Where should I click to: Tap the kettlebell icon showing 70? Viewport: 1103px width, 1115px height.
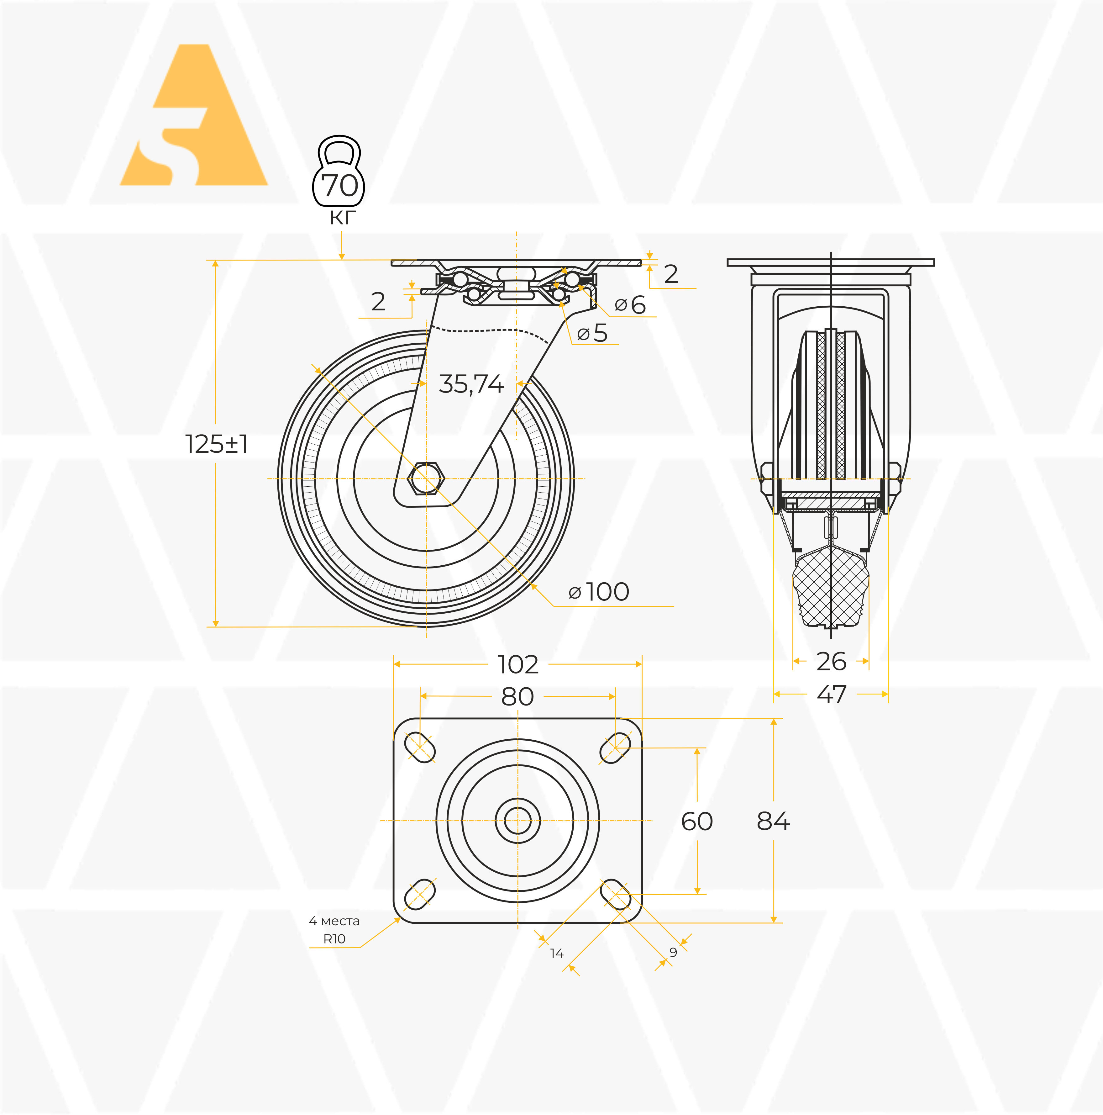[x=339, y=172]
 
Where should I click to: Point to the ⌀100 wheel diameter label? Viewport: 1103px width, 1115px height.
[x=599, y=592]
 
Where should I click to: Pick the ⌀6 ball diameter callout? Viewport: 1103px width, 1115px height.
[x=630, y=305]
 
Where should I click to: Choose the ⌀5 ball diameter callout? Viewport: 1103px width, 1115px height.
[x=592, y=333]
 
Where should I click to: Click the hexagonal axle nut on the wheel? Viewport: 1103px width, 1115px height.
[x=426, y=478]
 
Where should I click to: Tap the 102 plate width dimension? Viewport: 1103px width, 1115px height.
[x=518, y=665]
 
